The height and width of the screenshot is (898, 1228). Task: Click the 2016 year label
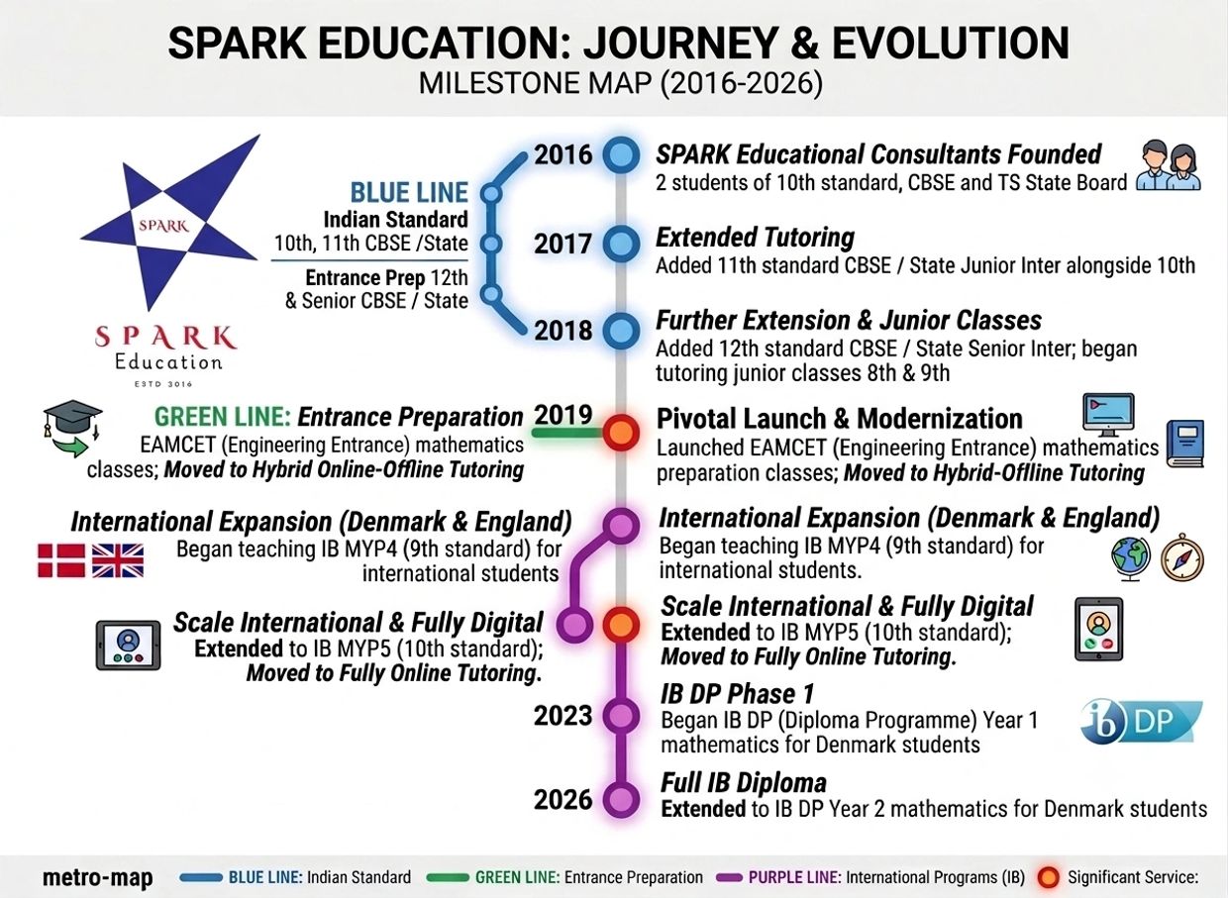563,154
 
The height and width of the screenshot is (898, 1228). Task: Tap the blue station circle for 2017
621,244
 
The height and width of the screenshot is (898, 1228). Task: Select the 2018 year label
563,331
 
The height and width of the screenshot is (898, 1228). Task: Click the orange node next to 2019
621,433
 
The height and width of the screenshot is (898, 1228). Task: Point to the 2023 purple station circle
621,716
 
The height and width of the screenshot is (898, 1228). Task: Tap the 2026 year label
563,799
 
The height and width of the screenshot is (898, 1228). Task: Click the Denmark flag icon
61,560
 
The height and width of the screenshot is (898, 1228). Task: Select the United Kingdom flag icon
118,560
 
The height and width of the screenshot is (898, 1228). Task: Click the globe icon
1130,558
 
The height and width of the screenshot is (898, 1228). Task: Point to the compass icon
1182,557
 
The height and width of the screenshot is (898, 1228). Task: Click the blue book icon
1184,444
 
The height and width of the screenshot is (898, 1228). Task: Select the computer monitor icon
1108,415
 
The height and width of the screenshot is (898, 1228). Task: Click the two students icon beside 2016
1169,165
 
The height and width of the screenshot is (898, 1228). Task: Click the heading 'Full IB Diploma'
744,782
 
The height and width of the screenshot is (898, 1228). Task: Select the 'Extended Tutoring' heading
755,238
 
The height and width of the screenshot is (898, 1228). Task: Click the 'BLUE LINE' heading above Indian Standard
409,192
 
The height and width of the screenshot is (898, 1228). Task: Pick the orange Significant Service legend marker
1048,878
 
